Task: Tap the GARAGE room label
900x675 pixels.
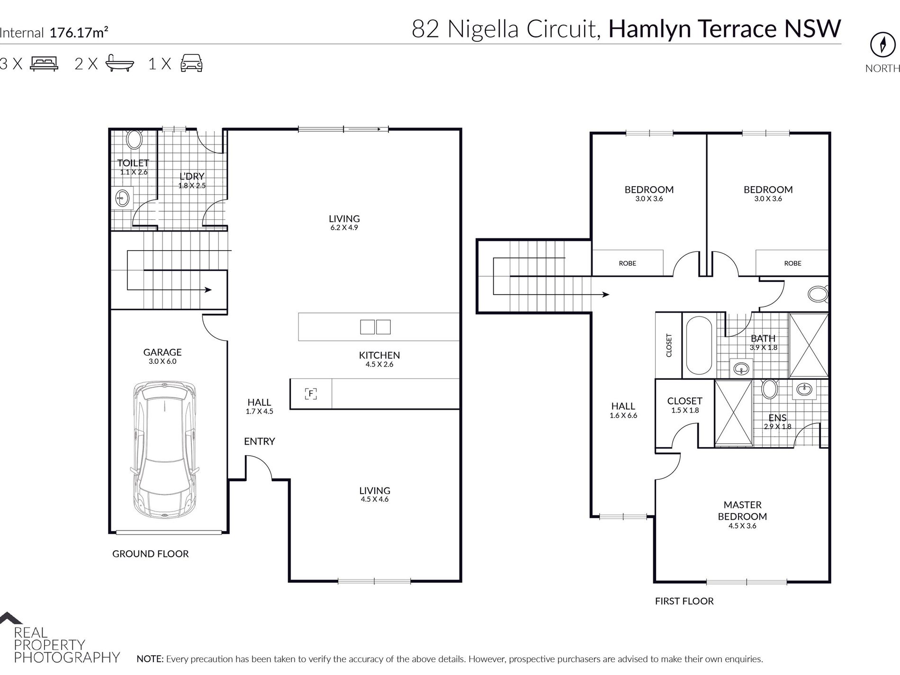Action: coord(162,352)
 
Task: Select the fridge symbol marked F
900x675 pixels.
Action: coord(311,394)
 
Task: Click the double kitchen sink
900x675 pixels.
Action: coord(375,327)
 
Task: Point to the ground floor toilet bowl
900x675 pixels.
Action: coord(135,140)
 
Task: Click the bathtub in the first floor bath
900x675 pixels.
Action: coord(699,345)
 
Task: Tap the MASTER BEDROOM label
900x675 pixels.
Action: coord(742,511)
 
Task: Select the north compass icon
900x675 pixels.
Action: coord(882,45)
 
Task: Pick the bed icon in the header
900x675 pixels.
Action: coord(44,63)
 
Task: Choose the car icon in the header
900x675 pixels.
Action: coord(191,63)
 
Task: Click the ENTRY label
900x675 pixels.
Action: coord(259,441)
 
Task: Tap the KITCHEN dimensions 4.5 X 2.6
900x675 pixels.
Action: coord(379,364)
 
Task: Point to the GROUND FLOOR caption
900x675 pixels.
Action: coord(150,554)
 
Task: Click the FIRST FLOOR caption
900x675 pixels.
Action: coord(684,601)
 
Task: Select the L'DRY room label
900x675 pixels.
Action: coord(192,177)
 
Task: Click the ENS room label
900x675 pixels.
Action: coord(777,418)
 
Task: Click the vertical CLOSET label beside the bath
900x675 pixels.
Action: coord(669,345)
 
